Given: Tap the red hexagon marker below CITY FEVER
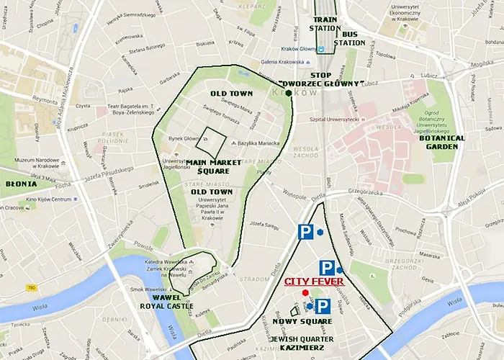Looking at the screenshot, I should click(305, 293).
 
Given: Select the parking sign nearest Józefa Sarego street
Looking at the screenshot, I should click(306, 232).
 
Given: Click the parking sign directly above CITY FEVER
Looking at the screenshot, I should click(326, 269).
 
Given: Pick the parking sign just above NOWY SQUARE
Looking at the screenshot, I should click(322, 306).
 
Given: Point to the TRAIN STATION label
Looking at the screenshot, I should click(325, 24).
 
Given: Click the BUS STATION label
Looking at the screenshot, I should click(354, 38).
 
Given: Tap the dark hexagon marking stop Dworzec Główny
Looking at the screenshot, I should click(289, 92).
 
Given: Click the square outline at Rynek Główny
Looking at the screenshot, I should click(211, 142).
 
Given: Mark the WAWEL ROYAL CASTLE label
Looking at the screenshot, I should click(167, 302).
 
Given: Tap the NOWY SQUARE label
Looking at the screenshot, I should click(302, 321).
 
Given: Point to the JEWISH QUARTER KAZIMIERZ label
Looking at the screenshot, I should click(297, 343).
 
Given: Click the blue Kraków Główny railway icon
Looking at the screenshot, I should click(322, 50).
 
